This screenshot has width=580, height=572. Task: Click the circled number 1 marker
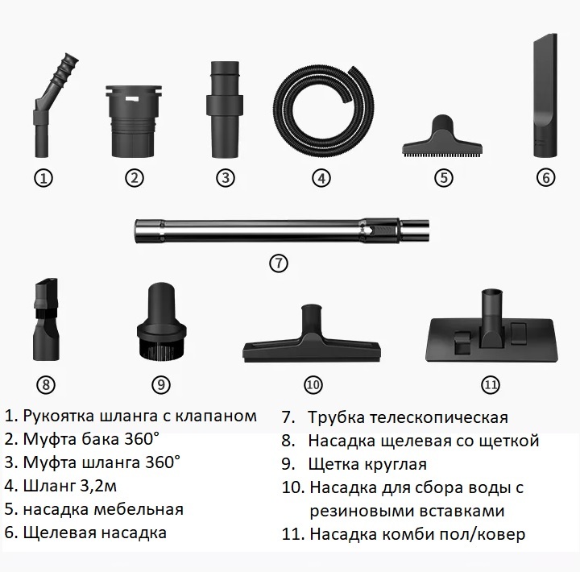[43, 178]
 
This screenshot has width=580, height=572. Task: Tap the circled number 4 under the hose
[321, 178]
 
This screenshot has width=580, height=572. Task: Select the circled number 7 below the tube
[278, 263]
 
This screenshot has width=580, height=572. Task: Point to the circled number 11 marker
[490, 385]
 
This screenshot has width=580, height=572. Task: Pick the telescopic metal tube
[282, 231]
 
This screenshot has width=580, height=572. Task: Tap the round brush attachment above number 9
[161, 321]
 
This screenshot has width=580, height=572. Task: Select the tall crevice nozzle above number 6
[545, 96]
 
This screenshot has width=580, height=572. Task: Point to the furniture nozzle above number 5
[442, 136]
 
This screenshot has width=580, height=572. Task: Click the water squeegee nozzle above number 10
[313, 334]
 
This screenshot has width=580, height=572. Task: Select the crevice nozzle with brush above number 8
[46, 321]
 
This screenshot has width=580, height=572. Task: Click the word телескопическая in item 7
[439, 417]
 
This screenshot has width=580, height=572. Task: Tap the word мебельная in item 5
[139, 509]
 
